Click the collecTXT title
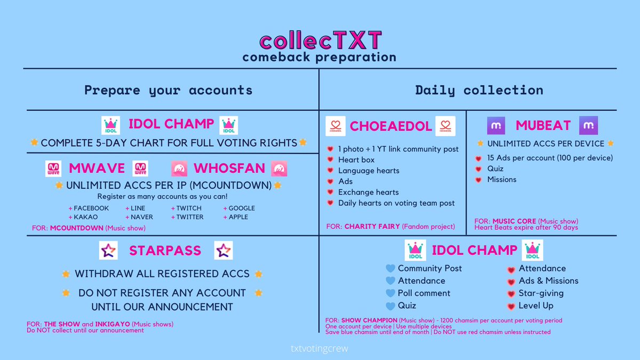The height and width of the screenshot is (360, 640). click(x=321, y=40)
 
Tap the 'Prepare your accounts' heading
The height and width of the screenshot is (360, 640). click(x=169, y=90)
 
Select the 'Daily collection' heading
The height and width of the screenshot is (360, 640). click(x=479, y=90)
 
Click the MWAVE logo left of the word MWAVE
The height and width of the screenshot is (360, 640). click(x=53, y=169)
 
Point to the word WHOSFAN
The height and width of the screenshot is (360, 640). click(x=229, y=169)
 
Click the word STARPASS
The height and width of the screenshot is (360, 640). click(x=165, y=251)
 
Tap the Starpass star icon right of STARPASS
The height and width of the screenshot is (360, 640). click(x=223, y=250)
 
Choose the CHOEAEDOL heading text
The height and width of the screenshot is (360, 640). click(x=390, y=126)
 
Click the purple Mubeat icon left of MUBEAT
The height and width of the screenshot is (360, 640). click(x=496, y=125)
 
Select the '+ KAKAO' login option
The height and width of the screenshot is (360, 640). click(x=83, y=217)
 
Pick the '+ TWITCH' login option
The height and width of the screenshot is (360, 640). click(x=186, y=209)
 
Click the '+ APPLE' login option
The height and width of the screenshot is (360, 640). click(x=236, y=217)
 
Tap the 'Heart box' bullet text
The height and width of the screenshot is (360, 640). click(x=356, y=159)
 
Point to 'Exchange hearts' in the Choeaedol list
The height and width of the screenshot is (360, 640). click(x=369, y=193)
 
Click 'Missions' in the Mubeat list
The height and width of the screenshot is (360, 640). click(x=502, y=179)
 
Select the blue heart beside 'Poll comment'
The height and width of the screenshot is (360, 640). click(x=390, y=293)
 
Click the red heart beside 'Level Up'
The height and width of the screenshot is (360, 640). click(x=511, y=306)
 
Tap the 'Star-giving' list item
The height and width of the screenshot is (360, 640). click(x=541, y=293)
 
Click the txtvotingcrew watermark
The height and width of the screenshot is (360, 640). click(x=319, y=349)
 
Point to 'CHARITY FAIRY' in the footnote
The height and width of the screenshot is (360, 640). click(x=372, y=227)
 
